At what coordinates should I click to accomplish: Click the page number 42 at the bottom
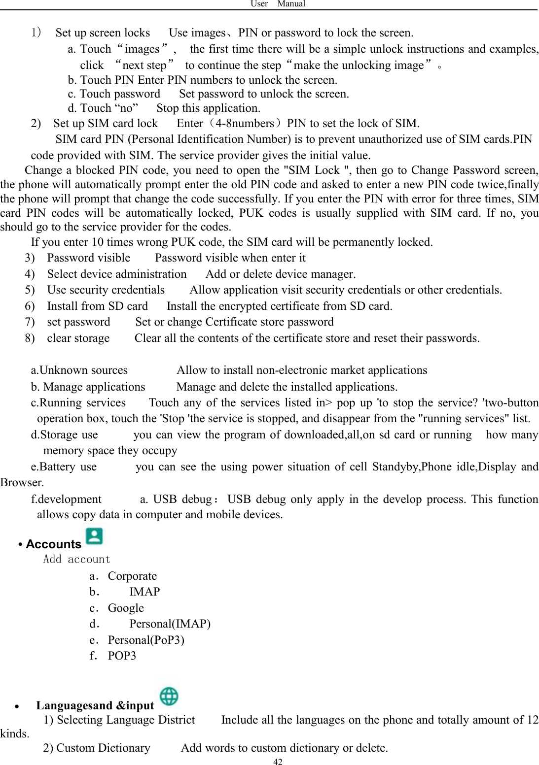(x=278, y=762)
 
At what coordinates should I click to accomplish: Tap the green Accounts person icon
(x=94, y=536)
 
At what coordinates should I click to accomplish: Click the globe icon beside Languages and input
(x=169, y=697)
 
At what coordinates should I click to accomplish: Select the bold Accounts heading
(x=53, y=544)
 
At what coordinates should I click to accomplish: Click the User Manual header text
(x=278, y=4)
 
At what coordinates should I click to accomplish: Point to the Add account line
(x=76, y=560)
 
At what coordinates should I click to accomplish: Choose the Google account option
(x=126, y=608)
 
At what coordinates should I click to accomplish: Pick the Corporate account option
(x=132, y=576)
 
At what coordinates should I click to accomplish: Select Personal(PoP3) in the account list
(x=146, y=640)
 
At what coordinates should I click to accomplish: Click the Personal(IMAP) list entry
(x=170, y=624)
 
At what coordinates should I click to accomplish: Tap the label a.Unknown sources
(x=79, y=370)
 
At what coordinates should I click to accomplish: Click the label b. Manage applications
(x=88, y=387)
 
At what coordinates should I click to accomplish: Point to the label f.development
(x=66, y=499)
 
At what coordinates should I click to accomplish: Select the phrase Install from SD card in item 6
(x=97, y=306)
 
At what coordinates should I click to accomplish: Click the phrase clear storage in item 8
(x=78, y=338)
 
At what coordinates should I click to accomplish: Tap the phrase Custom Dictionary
(x=103, y=748)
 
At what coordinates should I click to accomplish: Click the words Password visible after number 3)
(x=89, y=258)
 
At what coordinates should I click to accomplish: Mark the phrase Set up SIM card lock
(x=106, y=124)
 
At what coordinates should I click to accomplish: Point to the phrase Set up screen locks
(x=103, y=33)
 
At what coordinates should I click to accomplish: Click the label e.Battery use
(x=64, y=467)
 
